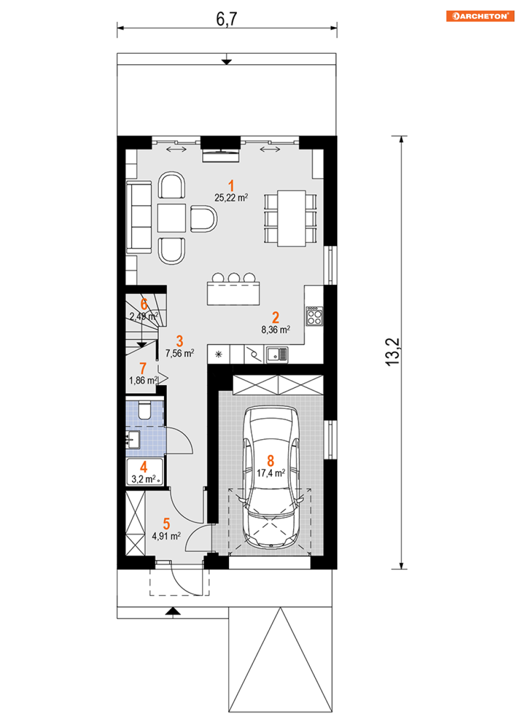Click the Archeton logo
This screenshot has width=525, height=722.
(480, 16)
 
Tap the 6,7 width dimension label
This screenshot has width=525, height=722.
(226, 19)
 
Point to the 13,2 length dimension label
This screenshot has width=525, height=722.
(393, 352)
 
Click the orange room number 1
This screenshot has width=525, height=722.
(231, 186)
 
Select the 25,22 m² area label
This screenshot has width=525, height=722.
(231, 197)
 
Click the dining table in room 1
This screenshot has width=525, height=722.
(291, 218)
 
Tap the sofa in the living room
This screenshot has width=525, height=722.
(139, 217)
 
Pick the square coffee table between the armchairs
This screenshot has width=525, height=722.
(171, 218)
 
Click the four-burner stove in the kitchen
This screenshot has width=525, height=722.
(314, 316)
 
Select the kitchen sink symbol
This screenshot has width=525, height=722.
(277, 355)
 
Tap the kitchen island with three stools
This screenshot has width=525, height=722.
(233, 289)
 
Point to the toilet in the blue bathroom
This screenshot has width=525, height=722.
(144, 410)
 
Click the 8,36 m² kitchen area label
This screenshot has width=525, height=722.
(275, 330)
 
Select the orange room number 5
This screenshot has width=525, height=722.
(166, 524)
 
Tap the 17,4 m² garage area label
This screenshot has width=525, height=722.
(271, 473)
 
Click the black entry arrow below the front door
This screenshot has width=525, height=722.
(173, 611)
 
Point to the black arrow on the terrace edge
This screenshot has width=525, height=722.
(226, 61)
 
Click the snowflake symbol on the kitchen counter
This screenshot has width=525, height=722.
(218, 355)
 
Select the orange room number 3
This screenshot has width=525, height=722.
(179, 341)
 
